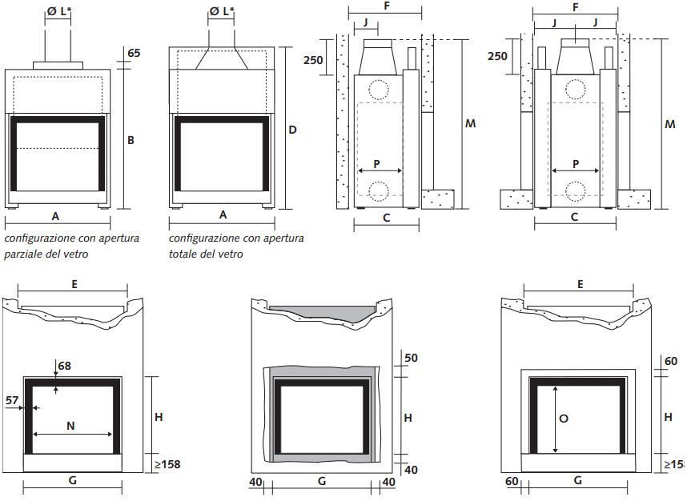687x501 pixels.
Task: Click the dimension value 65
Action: click(134, 53)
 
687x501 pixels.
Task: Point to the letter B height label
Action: click(131, 139)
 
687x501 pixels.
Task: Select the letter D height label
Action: click(292, 129)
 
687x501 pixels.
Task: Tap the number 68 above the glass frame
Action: click(64, 366)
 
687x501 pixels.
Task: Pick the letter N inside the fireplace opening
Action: click(70, 427)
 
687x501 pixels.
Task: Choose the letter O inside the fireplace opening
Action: click(564, 419)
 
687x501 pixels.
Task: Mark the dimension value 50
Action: click(412, 358)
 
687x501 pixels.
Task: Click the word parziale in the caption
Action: click(23, 254)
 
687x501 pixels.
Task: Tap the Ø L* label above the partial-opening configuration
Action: click(58, 11)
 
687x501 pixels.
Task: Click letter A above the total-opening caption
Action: click(223, 214)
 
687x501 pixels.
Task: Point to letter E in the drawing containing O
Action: click(579, 284)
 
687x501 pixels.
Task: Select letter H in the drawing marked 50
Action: click(408, 418)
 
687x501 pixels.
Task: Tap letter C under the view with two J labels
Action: click(574, 217)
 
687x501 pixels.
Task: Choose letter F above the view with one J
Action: click(386, 7)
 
